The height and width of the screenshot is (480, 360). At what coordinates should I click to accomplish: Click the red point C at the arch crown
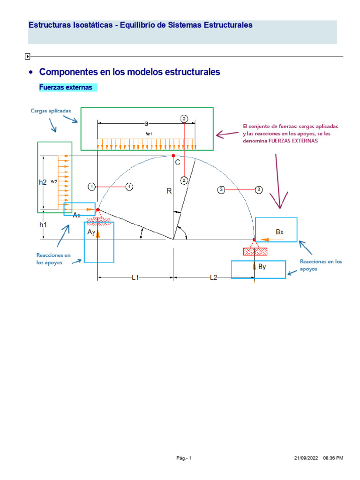(173, 156)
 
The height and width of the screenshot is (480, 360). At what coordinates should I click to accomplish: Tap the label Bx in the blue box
(280, 232)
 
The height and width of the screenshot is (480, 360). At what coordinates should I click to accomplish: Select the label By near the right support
(262, 267)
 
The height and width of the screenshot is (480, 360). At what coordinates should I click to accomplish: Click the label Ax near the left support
(77, 215)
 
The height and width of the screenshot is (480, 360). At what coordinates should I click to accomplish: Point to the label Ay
(91, 232)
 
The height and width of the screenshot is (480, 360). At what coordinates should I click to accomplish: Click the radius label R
(169, 191)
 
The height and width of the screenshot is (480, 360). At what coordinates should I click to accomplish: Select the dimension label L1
(135, 277)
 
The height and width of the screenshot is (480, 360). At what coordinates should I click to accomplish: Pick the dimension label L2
(213, 277)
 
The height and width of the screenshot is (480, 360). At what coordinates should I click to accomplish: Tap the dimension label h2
(43, 182)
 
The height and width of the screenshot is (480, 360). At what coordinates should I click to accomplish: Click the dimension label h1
(43, 225)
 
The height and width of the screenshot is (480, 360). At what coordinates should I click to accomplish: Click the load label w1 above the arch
(150, 134)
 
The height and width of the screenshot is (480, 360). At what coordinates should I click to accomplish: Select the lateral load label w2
(54, 181)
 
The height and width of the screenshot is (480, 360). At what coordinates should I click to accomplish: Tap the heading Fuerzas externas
(66, 88)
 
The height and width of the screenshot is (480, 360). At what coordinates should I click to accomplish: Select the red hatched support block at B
(255, 251)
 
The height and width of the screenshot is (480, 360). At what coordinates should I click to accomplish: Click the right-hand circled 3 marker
(258, 189)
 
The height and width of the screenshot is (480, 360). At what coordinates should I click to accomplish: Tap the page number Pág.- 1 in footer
(184, 458)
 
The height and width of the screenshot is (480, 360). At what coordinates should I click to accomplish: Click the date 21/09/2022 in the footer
(305, 458)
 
